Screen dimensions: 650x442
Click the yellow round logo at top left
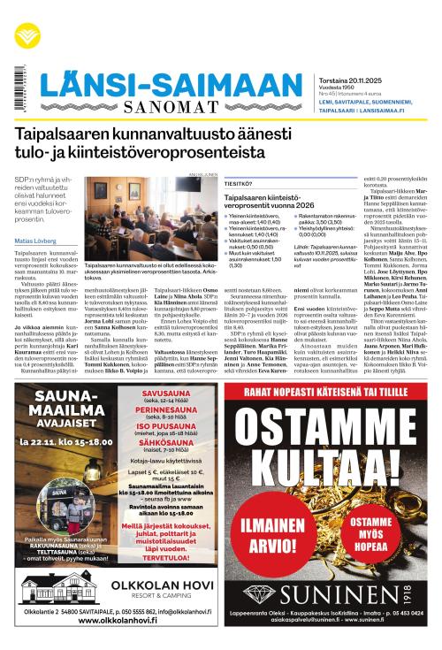[x=27, y=34]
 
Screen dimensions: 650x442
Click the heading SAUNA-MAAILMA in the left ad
[x=63, y=408]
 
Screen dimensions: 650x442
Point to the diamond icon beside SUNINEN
[x=266, y=591]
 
